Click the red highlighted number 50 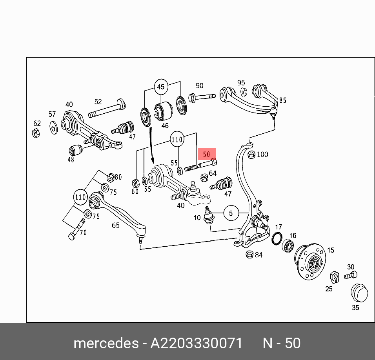click(x=207, y=154)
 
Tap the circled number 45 click(x=161, y=87)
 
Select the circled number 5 click(x=231, y=213)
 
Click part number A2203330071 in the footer click(x=197, y=343)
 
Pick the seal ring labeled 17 click(x=277, y=238)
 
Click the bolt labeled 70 click(x=76, y=230)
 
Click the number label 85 click(x=282, y=100)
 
